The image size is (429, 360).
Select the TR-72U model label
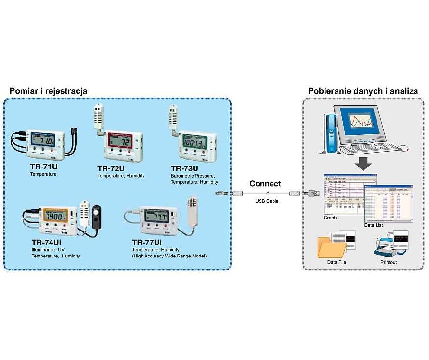111,168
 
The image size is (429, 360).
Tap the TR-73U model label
184,168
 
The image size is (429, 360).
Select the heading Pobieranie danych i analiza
363,90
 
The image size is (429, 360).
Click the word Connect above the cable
265,184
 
